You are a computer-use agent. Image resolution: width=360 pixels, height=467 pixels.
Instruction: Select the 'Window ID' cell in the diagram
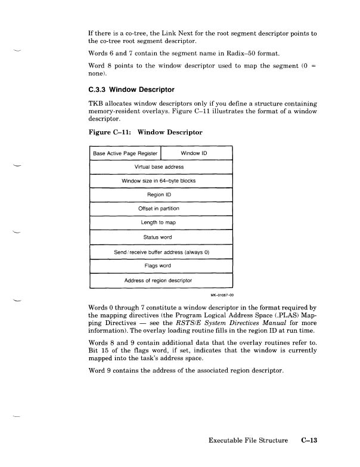196,153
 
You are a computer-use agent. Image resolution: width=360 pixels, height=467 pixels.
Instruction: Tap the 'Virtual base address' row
160,167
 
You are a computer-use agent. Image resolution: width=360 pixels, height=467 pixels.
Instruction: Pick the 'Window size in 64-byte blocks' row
160,181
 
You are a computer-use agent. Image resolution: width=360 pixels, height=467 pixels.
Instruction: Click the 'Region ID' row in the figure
160,194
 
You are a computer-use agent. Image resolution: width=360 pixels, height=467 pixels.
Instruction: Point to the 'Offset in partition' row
160,209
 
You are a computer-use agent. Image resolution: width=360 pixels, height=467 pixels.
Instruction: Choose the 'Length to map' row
160,222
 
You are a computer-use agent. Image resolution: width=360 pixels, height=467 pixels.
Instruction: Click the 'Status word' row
160,237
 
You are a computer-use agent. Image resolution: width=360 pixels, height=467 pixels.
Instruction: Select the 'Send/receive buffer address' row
160,251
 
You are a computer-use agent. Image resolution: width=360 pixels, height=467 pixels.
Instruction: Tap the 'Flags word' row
160,265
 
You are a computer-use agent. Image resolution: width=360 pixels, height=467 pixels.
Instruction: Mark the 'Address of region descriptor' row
160,279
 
